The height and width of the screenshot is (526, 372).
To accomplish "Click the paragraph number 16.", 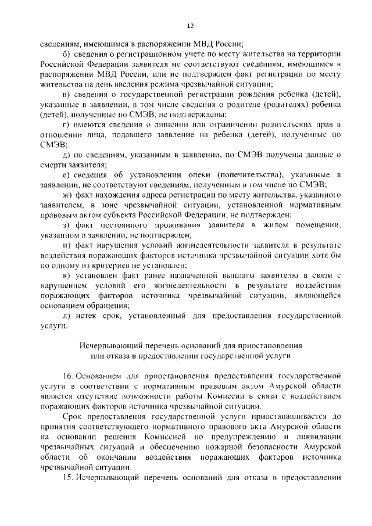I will click(x=66, y=375).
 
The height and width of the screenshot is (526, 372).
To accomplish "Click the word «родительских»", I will click(x=277, y=124).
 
